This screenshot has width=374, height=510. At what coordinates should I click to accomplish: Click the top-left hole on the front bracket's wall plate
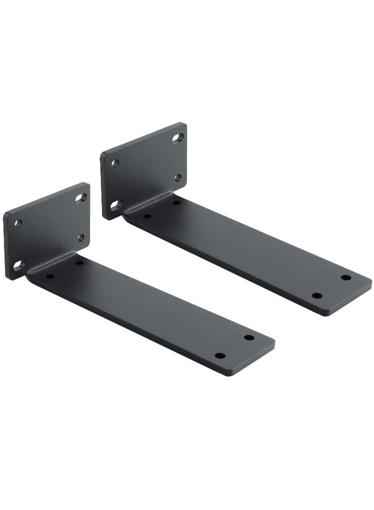(18, 223)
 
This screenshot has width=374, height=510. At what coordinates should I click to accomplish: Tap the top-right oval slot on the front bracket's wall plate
(80, 198)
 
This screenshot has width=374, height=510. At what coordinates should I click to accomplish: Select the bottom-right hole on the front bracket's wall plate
(81, 238)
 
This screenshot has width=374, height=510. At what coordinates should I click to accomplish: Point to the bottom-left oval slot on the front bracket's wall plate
(18, 265)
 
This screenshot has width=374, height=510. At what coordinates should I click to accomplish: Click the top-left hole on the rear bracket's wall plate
(115, 163)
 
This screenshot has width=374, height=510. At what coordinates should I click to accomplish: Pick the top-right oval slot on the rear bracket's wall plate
(178, 138)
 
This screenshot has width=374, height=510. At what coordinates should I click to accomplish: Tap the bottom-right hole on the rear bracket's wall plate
(177, 178)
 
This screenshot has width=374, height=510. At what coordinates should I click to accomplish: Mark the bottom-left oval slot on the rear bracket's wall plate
(116, 205)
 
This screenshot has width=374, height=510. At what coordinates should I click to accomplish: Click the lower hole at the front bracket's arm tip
(220, 356)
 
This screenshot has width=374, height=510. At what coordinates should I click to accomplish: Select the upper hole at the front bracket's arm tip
(249, 338)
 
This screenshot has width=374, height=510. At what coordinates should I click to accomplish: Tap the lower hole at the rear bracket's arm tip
(317, 296)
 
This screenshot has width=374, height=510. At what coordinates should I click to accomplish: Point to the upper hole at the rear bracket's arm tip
(346, 278)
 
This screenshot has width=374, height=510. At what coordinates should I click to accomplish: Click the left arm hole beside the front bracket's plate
(50, 277)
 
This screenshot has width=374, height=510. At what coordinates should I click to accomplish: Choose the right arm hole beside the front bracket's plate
(79, 262)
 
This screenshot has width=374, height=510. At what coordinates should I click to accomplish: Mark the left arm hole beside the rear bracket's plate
(146, 216)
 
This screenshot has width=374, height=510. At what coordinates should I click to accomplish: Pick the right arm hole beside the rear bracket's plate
(175, 202)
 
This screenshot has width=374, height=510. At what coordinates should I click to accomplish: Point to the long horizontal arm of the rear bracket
(249, 255)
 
